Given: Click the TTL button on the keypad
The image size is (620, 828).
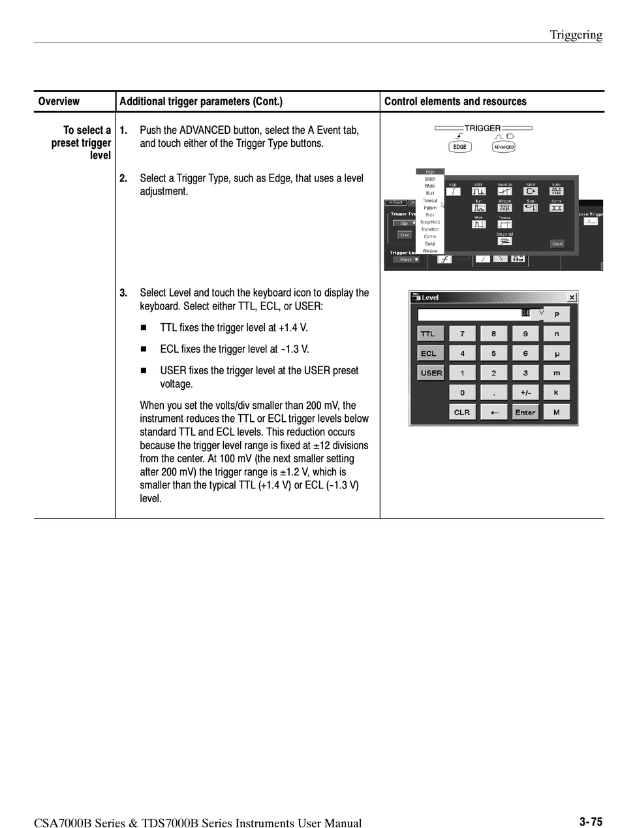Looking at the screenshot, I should coord(430,334).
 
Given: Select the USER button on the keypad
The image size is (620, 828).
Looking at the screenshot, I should coord(431,373).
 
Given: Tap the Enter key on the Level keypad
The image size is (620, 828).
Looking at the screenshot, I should coord(525,412).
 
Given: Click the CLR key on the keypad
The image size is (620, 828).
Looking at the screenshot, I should coord(462,412).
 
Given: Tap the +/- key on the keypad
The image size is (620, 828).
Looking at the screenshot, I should coord(525,392).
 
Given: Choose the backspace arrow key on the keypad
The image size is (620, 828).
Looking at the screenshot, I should coord(494,412).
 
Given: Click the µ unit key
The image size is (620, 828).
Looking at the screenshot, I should coord(557,353).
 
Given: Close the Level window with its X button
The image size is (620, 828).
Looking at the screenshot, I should coord(572,298).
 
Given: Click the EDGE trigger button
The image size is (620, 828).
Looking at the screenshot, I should coord(460,147).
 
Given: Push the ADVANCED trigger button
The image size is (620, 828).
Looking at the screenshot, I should coord(504,147).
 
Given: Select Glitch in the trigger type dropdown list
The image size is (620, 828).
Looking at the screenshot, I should coord(430,179).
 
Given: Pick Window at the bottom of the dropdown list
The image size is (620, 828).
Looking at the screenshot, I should coord(430,251).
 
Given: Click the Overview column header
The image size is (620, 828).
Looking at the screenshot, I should coord(59,102).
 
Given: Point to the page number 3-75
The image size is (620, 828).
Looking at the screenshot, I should coord(591,822).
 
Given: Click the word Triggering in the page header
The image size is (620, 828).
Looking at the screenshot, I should coord(576,35).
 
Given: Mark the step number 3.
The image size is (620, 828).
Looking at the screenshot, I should coord(123,293).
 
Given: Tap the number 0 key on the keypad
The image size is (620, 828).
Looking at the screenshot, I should coord(462,392).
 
